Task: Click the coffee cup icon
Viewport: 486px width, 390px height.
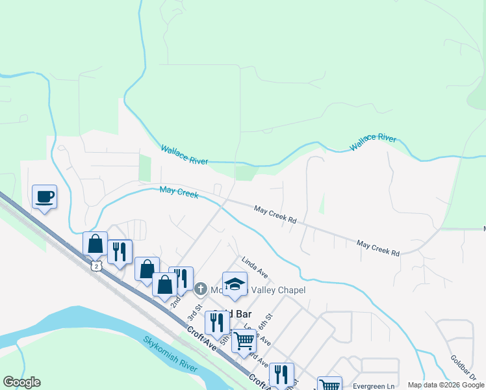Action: pos(44,196)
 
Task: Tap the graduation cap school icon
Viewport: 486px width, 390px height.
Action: pos(235,283)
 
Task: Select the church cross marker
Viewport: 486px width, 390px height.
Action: pos(201,289)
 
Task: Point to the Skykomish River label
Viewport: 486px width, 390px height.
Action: pos(170,354)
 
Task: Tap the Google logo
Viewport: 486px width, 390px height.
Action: pos(22,382)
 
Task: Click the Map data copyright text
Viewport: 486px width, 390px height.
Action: pos(446,385)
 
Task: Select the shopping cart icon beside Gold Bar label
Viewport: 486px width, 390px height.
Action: pos(244,340)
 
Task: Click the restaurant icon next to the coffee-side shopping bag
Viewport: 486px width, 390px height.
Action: pos(120,252)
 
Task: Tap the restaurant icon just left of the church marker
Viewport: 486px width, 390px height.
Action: pos(181,278)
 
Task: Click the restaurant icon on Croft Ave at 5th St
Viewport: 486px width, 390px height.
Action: pos(217,322)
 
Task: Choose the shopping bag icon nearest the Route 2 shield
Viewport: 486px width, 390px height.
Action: pos(96,244)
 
